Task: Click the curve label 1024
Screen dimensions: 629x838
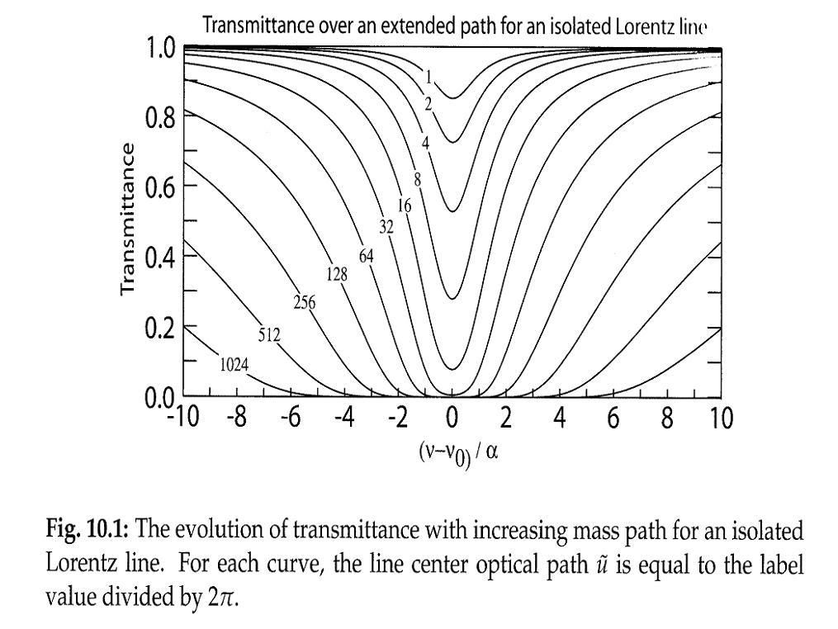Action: [x=235, y=363]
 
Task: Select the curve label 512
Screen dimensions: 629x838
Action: [x=269, y=334]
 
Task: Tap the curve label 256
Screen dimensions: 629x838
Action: [x=305, y=302]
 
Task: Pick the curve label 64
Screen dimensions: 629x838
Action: [x=366, y=256]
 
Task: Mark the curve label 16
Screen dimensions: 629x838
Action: [x=405, y=206]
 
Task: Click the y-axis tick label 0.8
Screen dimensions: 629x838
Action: [x=160, y=116]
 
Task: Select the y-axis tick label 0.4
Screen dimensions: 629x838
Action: [x=160, y=258]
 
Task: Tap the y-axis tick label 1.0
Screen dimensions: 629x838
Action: [x=160, y=48]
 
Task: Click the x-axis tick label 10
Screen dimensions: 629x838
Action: [x=721, y=419]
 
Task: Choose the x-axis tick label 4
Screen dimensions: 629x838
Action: [x=560, y=419]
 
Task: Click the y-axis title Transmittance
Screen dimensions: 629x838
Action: [x=127, y=218]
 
